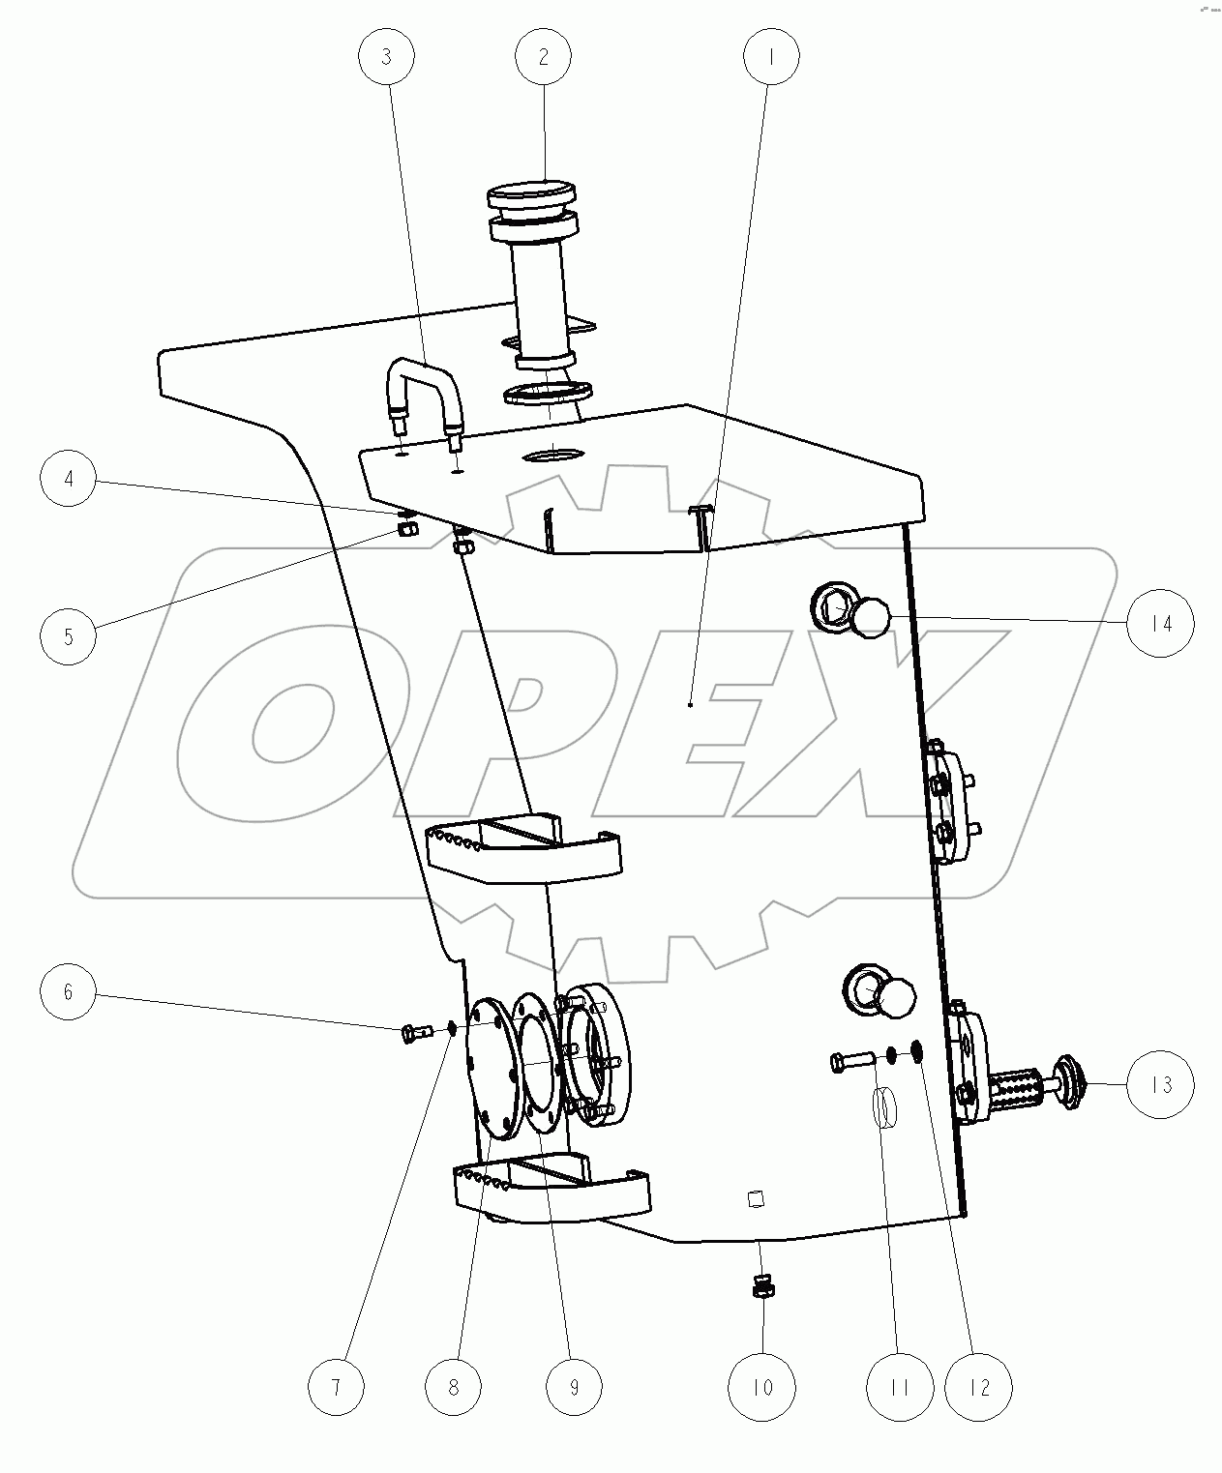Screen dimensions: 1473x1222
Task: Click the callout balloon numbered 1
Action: click(771, 57)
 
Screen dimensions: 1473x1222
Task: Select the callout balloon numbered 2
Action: click(543, 57)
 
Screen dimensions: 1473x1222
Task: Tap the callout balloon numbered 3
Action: click(386, 57)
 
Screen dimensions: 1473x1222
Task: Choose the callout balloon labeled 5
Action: click(68, 636)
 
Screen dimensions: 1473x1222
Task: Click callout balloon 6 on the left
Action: click(68, 992)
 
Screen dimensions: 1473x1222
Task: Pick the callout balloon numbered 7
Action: click(336, 1388)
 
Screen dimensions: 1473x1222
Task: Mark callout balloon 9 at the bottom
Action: click(574, 1388)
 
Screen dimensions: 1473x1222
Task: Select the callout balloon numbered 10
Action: click(762, 1388)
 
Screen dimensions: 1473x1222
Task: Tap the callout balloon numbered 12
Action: click(979, 1388)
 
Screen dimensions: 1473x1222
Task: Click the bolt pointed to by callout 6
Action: click(414, 1034)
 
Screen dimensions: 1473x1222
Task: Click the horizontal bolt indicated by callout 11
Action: click(851, 1063)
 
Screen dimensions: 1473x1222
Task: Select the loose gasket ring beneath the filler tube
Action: click(548, 393)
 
